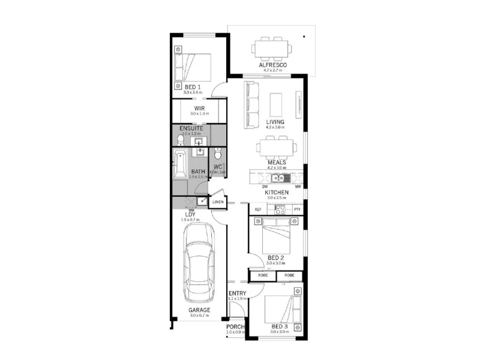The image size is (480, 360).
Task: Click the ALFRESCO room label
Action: pos(272,64)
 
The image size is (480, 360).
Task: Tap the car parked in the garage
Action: pos(200,264)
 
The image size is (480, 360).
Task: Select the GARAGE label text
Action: pos(199,310)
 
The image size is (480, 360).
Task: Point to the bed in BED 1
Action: pos(193,68)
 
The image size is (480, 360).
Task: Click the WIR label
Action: pos(199,108)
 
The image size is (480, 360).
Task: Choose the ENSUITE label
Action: pos(191,128)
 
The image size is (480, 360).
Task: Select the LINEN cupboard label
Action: pos(218,202)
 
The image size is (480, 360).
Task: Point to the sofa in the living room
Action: pos(251,104)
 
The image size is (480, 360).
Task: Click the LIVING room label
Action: pos(275,122)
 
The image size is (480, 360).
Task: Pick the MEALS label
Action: pos(277,162)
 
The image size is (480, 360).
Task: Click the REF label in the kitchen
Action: pos(258,209)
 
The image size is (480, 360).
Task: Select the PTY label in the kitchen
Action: pos(296,209)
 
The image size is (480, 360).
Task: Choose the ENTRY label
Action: pos(238,293)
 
